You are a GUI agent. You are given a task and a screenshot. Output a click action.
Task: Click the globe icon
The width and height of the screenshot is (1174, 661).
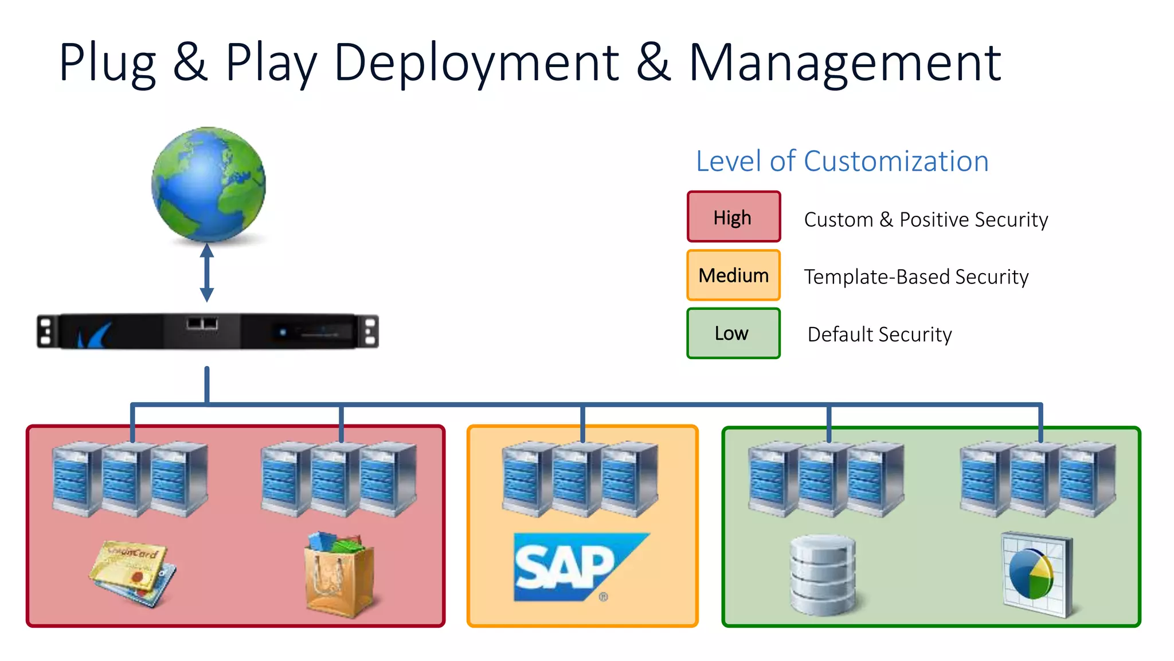(x=208, y=184)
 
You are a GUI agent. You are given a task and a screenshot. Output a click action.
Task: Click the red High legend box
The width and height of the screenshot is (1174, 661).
(x=733, y=217)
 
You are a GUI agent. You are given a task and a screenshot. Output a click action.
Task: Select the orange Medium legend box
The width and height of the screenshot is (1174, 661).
(x=733, y=275)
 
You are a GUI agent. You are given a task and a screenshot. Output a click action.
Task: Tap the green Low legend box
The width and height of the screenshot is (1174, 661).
(x=733, y=333)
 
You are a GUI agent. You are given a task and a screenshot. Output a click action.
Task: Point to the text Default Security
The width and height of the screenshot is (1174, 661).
(x=879, y=335)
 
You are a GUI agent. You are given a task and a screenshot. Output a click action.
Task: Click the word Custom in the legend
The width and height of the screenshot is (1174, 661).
(x=838, y=220)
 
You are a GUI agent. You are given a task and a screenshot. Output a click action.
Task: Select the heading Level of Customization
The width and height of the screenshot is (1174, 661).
(x=842, y=161)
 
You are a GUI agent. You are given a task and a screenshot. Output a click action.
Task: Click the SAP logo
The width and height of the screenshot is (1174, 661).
(x=579, y=567)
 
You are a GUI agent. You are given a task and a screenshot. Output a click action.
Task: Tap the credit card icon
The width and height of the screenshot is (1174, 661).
(x=133, y=572)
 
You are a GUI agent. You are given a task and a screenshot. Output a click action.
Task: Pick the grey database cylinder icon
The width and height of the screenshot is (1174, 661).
(x=822, y=575)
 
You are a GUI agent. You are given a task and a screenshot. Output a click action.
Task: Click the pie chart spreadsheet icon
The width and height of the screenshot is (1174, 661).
(x=1036, y=574)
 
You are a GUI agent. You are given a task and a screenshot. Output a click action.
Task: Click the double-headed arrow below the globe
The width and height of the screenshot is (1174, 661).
(x=207, y=273)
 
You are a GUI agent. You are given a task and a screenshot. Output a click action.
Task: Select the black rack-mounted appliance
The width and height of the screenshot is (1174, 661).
(x=208, y=331)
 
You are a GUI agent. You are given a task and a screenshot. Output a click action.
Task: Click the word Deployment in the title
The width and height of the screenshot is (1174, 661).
(x=476, y=63)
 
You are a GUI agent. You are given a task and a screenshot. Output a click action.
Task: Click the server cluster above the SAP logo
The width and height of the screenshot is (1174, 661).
(x=580, y=479)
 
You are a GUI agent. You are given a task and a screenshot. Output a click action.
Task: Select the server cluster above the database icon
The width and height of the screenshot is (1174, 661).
(x=826, y=479)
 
